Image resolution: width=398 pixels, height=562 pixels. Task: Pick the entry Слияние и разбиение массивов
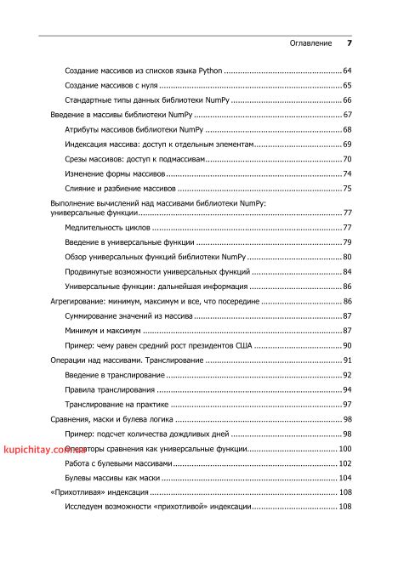(x=120, y=188)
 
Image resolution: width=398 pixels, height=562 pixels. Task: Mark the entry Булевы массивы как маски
(x=112, y=478)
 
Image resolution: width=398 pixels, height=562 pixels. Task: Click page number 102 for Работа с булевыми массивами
(x=345, y=463)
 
